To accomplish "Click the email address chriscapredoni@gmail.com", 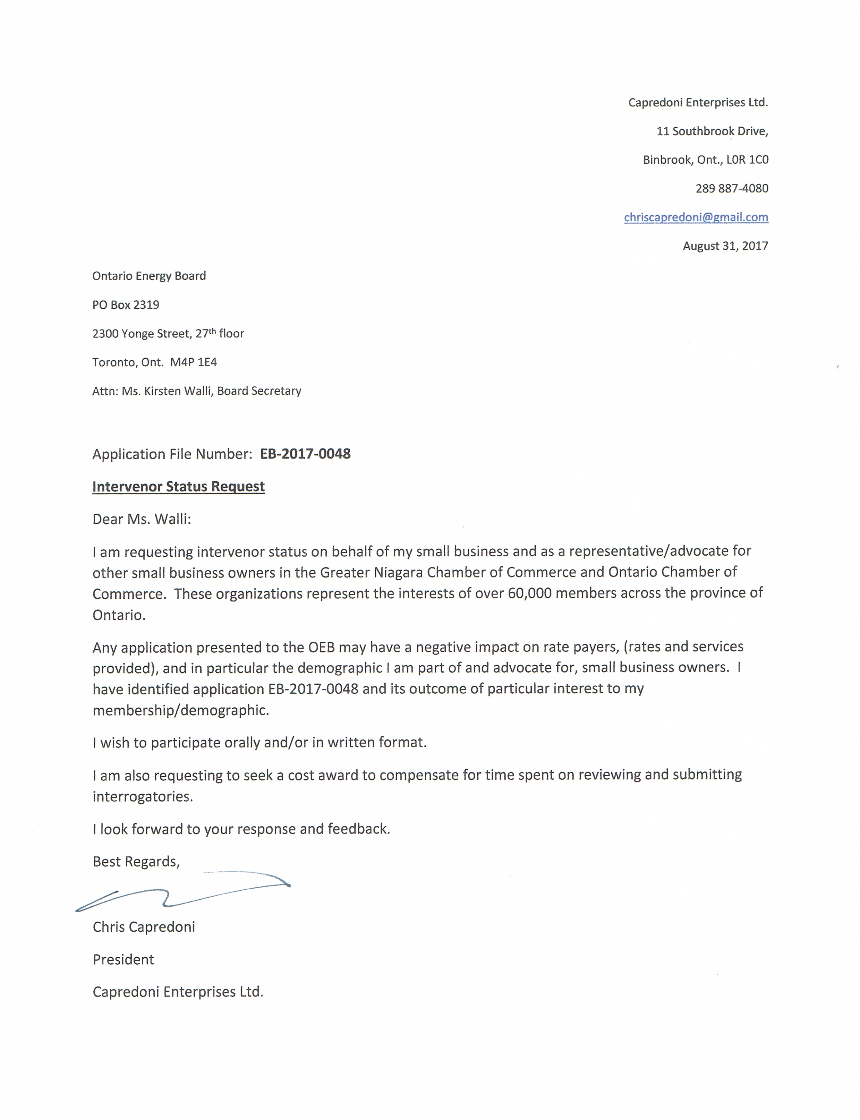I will point(696,217).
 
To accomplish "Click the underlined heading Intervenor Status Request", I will point(178,486).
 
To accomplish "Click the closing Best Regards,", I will point(136,862).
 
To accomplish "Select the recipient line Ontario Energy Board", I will point(148,276).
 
